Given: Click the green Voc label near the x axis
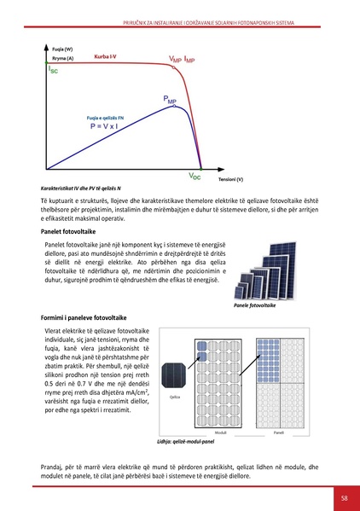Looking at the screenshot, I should coord(195,175).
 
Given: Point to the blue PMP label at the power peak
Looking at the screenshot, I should coord(170,102).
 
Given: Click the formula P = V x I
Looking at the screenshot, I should coord(107,125).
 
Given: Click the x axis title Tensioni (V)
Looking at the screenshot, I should coord(230,180).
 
